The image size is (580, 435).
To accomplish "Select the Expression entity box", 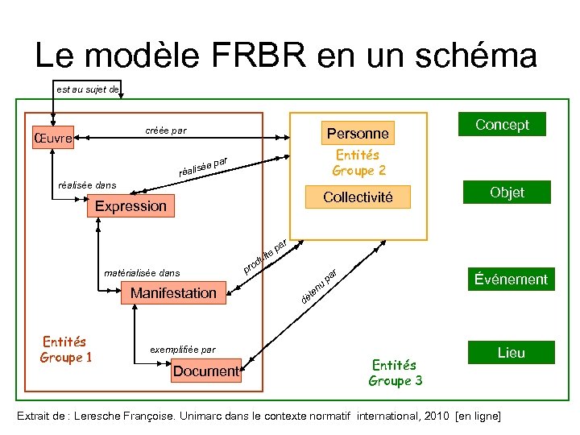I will click(x=130, y=206).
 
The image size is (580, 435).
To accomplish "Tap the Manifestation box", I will click(x=173, y=293).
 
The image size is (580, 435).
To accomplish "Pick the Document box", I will click(x=206, y=371).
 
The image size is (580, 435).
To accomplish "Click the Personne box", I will click(x=357, y=134).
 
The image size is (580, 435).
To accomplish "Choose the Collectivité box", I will click(x=358, y=197).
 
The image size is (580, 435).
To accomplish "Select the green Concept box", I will click(x=502, y=124).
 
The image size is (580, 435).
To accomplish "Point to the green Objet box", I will click(x=507, y=193).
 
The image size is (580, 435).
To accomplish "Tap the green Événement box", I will click(x=511, y=280).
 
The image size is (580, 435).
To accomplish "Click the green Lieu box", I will click(x=511, y=353).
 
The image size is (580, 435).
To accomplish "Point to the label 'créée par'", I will click(x=165, y=130).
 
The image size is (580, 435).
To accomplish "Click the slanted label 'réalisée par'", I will click(x=205, y=165).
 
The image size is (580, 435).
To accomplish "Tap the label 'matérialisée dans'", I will click(x=143, y=273).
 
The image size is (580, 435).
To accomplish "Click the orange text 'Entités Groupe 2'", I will click(x=358, y=163).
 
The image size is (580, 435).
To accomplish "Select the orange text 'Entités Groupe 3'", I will click(x=395, y=373).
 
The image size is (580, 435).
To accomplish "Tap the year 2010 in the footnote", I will click(x=431, y=416).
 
